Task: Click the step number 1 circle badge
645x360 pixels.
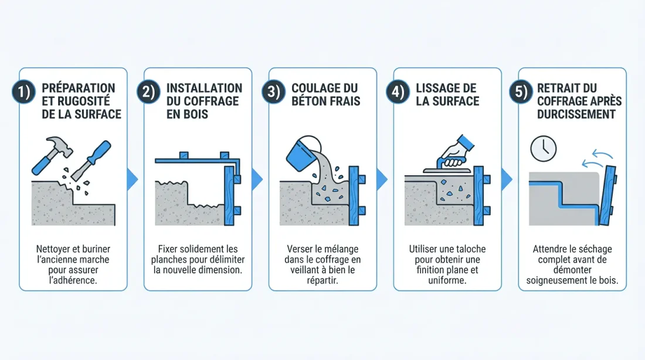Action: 23,93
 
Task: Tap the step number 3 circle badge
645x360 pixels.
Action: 273,93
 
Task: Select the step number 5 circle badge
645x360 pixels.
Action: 523,93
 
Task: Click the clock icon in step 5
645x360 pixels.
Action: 543,149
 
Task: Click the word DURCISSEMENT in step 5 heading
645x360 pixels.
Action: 576,114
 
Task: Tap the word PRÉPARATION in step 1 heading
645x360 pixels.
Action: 79,88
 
